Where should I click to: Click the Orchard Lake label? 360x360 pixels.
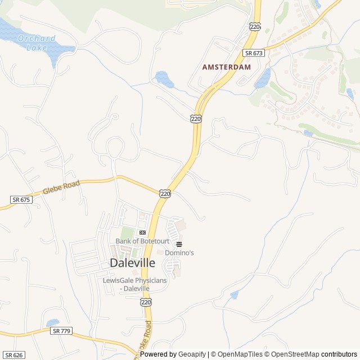coord(37,43)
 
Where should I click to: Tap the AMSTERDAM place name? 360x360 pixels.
coord(226,66)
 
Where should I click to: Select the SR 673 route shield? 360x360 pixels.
coord(254,53)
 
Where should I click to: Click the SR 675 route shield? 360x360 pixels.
coord(20,200)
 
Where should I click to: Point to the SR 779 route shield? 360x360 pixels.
coord(61,331)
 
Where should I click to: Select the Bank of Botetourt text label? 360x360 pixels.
coord(142,241)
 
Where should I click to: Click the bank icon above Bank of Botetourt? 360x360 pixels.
coord(142,232)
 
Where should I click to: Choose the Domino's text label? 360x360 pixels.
coord(179,253)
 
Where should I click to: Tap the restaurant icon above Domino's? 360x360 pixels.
coord(179,244)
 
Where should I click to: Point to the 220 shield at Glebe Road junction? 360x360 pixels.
coord(164,193)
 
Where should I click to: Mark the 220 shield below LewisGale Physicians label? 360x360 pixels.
coord(146,302)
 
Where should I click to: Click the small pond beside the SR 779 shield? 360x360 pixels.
coord(53,323)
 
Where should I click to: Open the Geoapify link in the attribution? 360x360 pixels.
coord(193,354)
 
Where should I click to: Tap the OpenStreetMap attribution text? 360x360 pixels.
coord(292,354)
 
